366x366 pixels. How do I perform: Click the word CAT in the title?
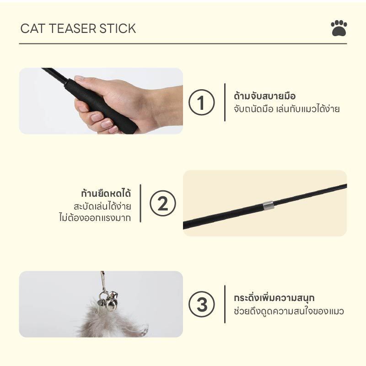32,28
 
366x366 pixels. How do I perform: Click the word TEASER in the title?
73,28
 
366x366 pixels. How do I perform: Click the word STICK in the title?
118,28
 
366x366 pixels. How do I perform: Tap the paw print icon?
339,28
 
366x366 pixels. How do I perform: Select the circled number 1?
201,102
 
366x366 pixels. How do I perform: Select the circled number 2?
163,203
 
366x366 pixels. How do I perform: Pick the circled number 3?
201,304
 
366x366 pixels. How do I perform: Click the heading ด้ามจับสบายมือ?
265,96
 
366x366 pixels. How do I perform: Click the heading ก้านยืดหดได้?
106,193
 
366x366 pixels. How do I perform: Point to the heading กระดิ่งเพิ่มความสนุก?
274,298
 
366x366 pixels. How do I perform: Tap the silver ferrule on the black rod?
268,205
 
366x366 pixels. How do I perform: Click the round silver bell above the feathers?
112,304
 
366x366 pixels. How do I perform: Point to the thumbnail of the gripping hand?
101,101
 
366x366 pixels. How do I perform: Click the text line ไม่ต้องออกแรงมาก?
95,218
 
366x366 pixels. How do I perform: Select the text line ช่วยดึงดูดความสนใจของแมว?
289,311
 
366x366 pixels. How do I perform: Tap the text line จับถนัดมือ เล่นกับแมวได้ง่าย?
287,109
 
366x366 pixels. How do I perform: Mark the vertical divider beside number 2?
140,203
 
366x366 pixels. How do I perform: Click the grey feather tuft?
112,321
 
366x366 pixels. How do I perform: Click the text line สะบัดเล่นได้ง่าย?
102,206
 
